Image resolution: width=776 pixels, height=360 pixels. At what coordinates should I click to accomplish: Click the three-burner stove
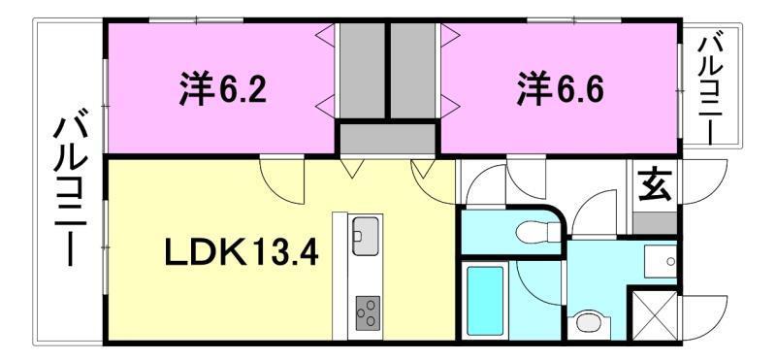click(x=368, y=311)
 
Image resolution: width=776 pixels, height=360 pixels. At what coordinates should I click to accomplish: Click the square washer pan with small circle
click(x=662, y=260)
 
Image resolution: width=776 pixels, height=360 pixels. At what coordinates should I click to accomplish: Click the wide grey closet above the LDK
click(x=388, y=138)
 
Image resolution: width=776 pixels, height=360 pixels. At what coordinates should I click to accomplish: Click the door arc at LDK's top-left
click(x=282, y=176)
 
